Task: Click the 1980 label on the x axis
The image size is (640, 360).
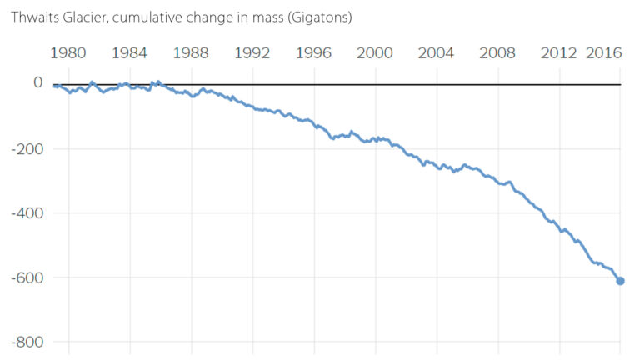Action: pyautogui.click(x=68, y=53)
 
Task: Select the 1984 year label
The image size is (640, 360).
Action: pyautogui.click(x=129, y=53)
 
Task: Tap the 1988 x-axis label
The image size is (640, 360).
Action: pyautogui.click(x=191, y=53)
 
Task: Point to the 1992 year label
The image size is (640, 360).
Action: pyautogui.click(x=252, y=53)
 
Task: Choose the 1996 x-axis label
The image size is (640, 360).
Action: pyautogui.click(x=313, y=53)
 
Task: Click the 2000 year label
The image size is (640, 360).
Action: pyautogui.click(x=375, y=53)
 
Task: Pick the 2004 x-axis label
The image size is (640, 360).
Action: pyautogui.click(x=436, y=53)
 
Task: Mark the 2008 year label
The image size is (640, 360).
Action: pyautogui.click(x=497, y=53)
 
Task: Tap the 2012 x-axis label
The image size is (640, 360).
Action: pyautogui.click(x=558, y=53)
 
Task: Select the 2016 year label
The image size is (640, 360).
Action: pyautogui.click(x=604, y=53)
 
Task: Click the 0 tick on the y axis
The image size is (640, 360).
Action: pyautogui.click(x=37, y=82)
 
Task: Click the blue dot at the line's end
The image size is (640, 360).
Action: pyautogui.click(x=620, y=281)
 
